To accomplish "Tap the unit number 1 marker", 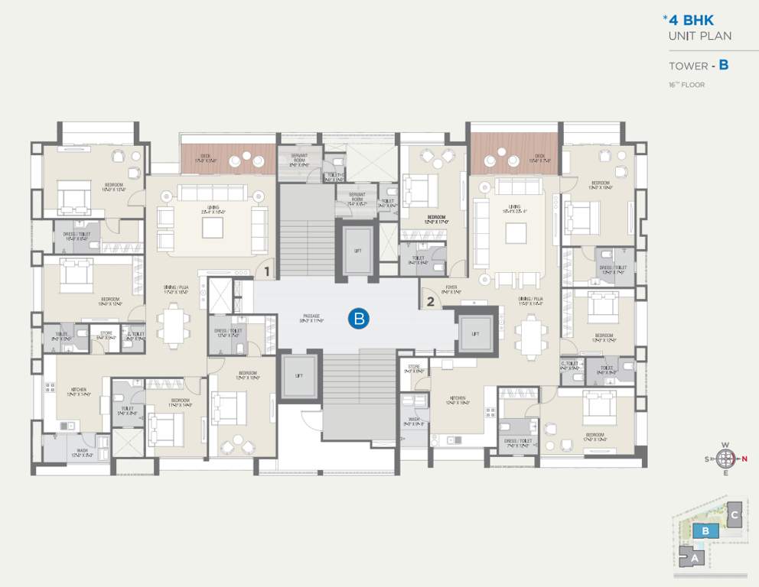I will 267,271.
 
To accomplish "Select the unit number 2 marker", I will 430,301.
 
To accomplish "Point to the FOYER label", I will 451,288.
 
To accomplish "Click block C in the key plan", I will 734,514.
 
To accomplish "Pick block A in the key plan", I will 695,559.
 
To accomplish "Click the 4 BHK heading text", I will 692,21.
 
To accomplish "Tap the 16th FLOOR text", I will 686,85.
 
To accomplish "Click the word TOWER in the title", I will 688,66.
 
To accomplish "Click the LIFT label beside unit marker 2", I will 475,333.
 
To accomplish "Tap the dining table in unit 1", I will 174,325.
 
